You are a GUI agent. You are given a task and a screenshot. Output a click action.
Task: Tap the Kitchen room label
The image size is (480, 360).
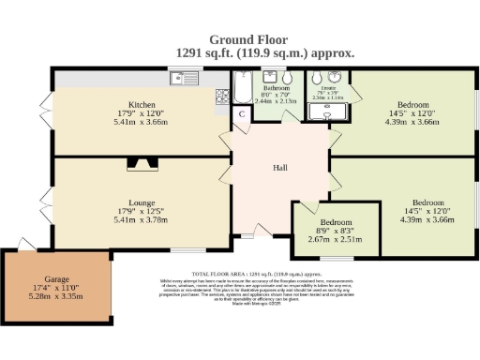142,104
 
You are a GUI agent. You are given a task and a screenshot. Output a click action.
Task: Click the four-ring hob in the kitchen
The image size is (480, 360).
223,95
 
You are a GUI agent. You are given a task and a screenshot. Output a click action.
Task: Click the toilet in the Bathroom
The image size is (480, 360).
289,79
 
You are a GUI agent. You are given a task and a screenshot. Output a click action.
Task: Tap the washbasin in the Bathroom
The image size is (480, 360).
266,79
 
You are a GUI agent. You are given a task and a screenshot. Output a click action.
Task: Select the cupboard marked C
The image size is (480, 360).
241,114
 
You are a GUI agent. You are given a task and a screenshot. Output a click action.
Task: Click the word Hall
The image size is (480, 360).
278,169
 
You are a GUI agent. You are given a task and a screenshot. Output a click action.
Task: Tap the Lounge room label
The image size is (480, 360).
142,202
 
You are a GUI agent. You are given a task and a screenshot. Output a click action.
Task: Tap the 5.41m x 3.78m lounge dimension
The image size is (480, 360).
142,221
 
